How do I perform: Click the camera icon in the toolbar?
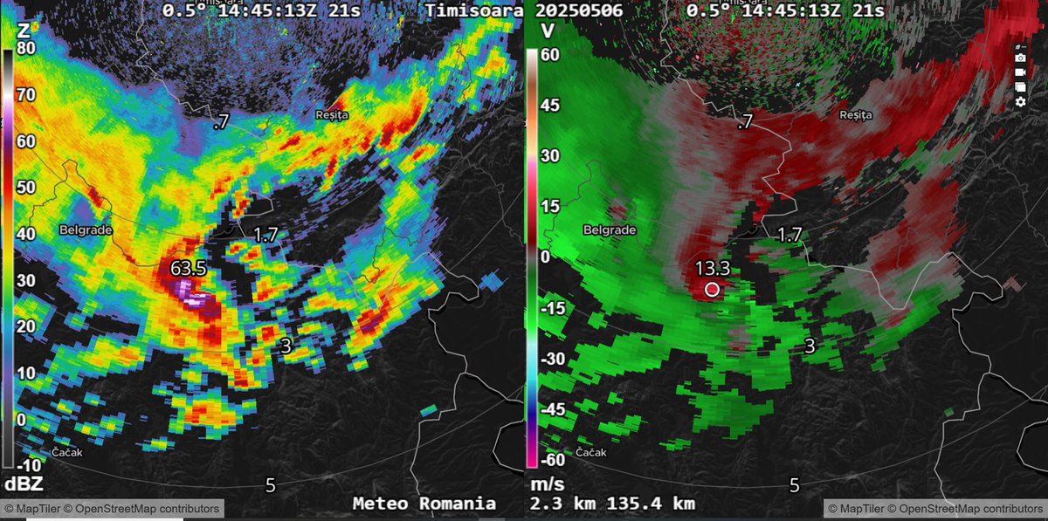[1020, 58]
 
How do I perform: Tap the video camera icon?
[1020, 72]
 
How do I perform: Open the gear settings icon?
[1020, 102]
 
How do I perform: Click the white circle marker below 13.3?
[712, 289]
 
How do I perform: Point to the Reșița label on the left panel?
[332, 114]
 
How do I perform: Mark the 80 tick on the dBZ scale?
[25, 49]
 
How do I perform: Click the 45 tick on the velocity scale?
[548, 106]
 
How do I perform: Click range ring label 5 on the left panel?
[270, 484]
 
